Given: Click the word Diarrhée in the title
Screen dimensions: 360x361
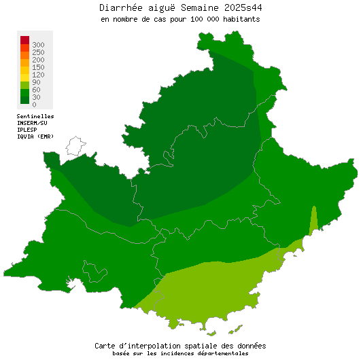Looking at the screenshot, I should click(x=123, y=8).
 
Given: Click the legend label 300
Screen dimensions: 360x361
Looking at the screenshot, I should click(x=38, y=45).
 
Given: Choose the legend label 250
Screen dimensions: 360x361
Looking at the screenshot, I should click(x=38, y=52).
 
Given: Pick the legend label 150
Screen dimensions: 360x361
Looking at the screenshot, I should click(x=38, y=67).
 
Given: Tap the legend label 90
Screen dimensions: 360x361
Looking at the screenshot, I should click(x=36, y=82).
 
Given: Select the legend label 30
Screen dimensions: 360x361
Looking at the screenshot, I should click(x=36, y=97).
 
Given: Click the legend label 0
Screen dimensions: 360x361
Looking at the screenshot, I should click(x=34, y=105).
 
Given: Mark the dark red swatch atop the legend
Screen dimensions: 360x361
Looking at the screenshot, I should click(x=24, y=40).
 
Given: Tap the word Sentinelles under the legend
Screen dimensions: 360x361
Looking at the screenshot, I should click(x=35, y=116).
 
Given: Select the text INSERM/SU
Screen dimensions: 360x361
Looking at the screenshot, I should click(x=32, y=123).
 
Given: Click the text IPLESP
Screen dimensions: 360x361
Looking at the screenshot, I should click(x=27, y=130).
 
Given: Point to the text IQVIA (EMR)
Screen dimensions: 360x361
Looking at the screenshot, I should click(x=35, y=137).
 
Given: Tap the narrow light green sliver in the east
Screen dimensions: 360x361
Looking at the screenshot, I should click(x=313, y=220).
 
